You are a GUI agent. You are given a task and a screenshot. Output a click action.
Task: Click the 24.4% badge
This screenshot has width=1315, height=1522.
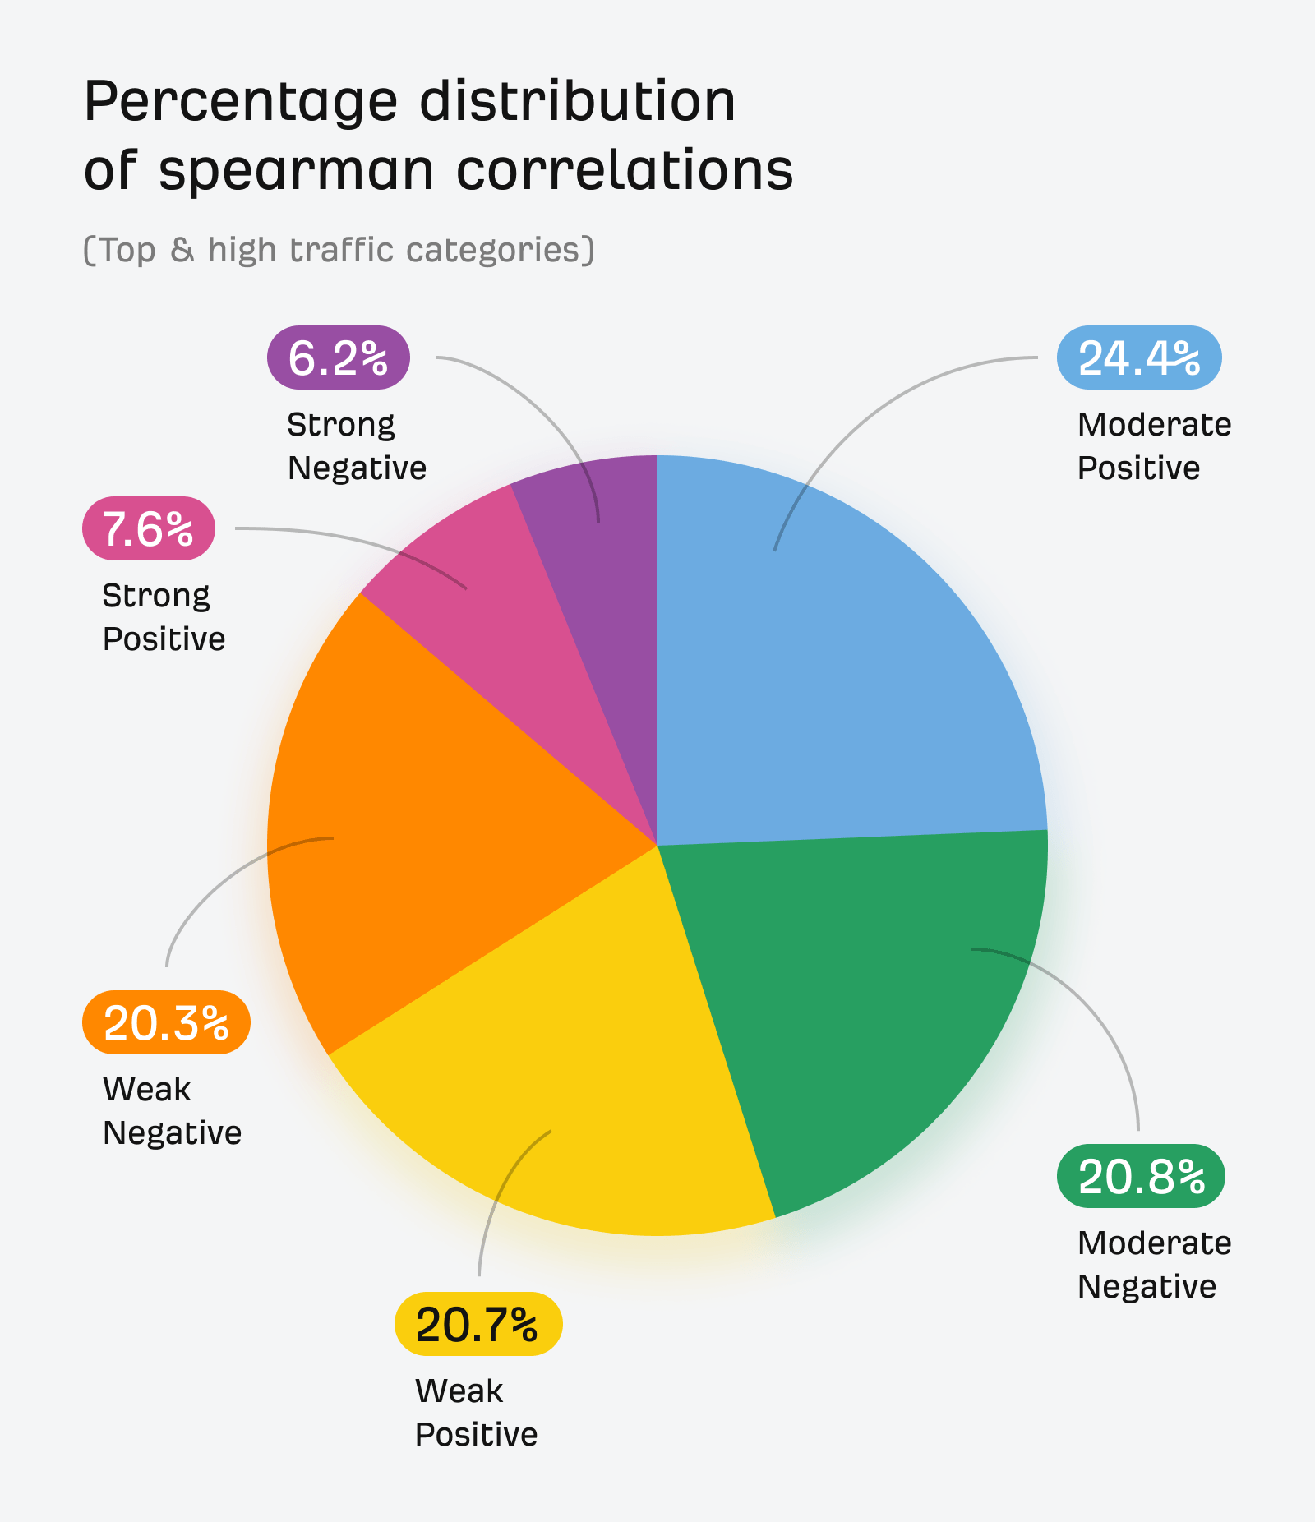pyautogui.click(x=1139, y=358)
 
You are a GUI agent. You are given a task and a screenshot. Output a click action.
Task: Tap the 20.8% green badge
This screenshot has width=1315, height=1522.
pyautogui.click(x=1141, y=1176)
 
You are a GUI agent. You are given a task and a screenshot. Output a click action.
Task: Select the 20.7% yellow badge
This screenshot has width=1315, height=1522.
pyautogui.click(x=478, y=1324)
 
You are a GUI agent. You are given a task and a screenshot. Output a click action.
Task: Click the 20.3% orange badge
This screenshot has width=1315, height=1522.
pyautogui.click(x=166, y=1023)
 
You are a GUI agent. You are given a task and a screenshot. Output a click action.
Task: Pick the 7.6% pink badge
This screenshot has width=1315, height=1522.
pyautogui.click(x=149, y=528)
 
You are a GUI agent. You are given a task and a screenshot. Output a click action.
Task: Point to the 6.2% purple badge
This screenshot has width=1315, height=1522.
pyautogui.click(x=338, y=357)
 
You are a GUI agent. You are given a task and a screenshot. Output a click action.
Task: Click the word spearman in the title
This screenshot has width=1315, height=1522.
pyautogui.click(x=296, y=173)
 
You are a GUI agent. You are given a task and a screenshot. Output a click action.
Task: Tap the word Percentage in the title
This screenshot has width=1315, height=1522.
pyautogui.click(x=241, y=103)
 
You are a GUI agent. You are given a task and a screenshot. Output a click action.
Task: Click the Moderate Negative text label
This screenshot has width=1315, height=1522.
pyautogui.click(x=1153, y=1265)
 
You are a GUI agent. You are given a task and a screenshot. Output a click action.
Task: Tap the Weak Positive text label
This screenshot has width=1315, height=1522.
pyautogui.click(x=475, y=1413)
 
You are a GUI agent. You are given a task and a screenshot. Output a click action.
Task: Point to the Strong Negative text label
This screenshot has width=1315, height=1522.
pyautogui.click(x=356, y=446)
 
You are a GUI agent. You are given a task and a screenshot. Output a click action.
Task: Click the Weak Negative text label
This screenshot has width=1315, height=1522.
pyautogui.click(x=171, y=1111)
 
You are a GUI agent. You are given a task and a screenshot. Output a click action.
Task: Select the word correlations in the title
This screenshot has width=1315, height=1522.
pyautogui.click(x=625, y=171)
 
